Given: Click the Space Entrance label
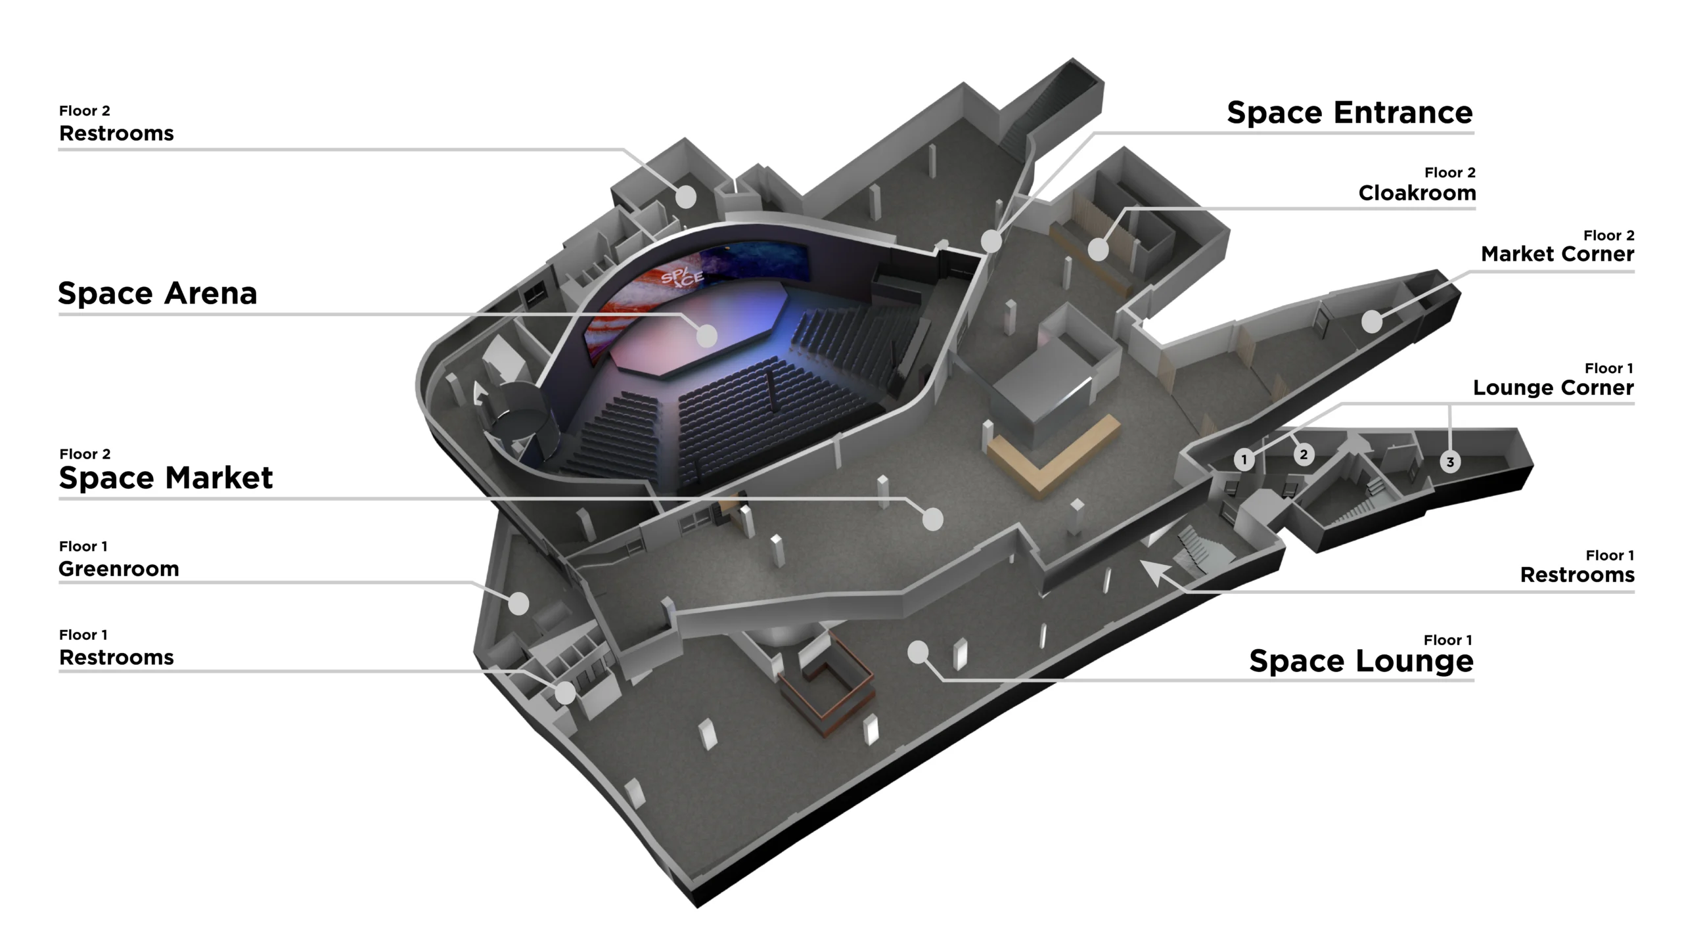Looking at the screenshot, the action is coord(1350,112).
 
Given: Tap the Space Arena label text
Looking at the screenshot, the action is coord(158,293).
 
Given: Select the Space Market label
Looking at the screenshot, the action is coord(166,478).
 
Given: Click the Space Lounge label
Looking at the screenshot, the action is coord(1361,661).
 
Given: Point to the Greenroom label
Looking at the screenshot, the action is coord(119,569).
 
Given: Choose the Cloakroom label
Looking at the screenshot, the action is coord(1417,193).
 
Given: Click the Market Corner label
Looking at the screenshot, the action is coord(1557,254).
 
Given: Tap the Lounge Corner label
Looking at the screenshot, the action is coord(1553,388).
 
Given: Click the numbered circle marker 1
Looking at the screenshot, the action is coord(1244,459).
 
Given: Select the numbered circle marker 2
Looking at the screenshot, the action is coord(1304,454).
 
